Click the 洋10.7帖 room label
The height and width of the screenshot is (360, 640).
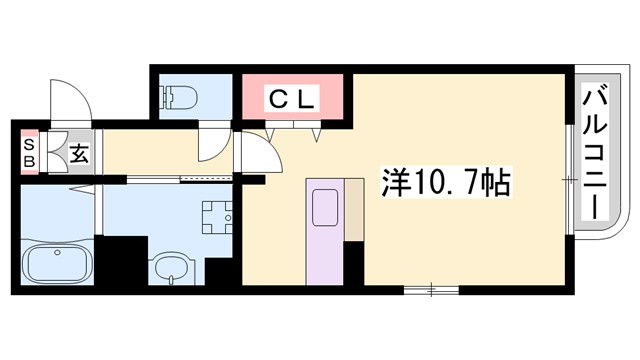pos(446,184)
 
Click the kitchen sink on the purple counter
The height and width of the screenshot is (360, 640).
pos(325,209)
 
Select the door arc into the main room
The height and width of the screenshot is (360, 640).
pos(258,157)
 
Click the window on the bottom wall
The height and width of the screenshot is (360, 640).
pos(431,289)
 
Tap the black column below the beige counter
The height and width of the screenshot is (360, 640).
pos(353,263)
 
